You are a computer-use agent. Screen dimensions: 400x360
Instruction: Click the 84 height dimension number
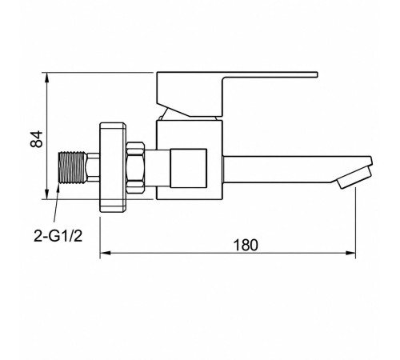coord(37,139)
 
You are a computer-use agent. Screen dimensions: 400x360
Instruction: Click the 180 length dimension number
coord(246,245)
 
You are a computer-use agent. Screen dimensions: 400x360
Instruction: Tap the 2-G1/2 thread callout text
coord(58,236)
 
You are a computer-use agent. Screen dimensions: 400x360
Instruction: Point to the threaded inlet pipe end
coord(72,167)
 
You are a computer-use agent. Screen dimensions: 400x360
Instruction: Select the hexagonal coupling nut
coord(135,167)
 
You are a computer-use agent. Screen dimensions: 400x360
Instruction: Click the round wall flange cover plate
coord(113,167)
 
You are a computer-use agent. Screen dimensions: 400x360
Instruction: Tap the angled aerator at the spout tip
coord(354,178)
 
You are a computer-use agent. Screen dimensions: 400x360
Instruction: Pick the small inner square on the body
coord(189,168)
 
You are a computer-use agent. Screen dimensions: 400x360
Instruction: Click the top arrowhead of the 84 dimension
coord(47,78)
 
